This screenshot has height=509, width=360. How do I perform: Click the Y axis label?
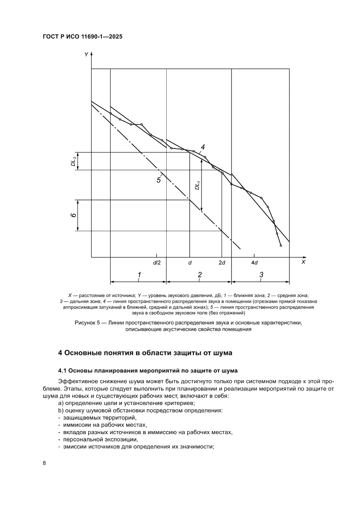87,54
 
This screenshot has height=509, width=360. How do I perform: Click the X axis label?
303,262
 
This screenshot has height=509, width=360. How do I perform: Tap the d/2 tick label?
157,263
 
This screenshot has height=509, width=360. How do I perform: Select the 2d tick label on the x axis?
222,263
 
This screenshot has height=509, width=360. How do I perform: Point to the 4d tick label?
255,263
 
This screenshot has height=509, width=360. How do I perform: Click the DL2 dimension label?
74,162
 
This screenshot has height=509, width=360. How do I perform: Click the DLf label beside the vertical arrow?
197,185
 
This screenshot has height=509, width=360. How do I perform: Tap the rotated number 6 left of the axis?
74,216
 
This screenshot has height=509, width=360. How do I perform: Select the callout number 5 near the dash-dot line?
159,180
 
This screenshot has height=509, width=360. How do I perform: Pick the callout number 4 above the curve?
203,147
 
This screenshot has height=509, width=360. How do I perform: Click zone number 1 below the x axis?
139,275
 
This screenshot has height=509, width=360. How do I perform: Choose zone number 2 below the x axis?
200,275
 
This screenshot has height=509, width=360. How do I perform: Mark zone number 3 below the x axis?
261,275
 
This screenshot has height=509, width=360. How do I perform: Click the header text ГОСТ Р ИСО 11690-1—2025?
82,37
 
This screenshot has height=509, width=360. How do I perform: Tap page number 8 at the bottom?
44,462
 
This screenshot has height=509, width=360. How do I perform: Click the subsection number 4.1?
63,371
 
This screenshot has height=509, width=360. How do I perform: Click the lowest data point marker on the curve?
281,246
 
